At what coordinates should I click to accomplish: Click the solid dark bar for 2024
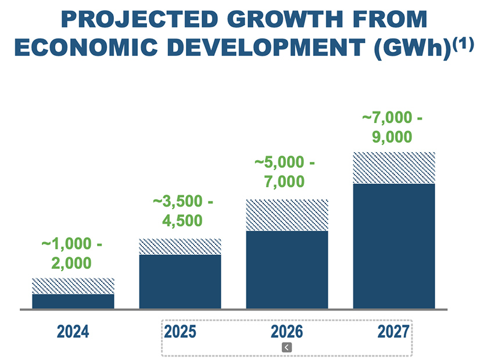click(73, 301)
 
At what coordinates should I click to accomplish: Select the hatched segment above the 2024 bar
click(73, 286)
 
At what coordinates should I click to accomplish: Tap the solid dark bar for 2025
click(180, 282)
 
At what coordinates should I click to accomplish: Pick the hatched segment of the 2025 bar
click(180, 247)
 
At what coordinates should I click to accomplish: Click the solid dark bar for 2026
click(287, 270)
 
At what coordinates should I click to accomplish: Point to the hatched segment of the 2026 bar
click(287, 215)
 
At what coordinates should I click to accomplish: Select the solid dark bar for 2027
click(394, 246)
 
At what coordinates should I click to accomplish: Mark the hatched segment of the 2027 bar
click(394, 168)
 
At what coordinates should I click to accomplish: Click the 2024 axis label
click(73, 332)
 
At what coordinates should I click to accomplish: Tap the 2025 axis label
click(180, 332)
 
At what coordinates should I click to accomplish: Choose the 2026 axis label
click(287, 332)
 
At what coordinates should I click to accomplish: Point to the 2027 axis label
click(393, 332)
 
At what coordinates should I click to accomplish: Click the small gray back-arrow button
click(287, 347)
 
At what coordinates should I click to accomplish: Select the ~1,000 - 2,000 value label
click(71, 253)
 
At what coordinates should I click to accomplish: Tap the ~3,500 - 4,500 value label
click(182, 211)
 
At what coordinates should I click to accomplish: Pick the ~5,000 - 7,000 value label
click(284, 172)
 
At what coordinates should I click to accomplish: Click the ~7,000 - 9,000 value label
click(392, 127)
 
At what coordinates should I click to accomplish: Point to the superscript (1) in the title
click(463, 44)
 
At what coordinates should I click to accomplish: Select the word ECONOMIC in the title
click(86, 48)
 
